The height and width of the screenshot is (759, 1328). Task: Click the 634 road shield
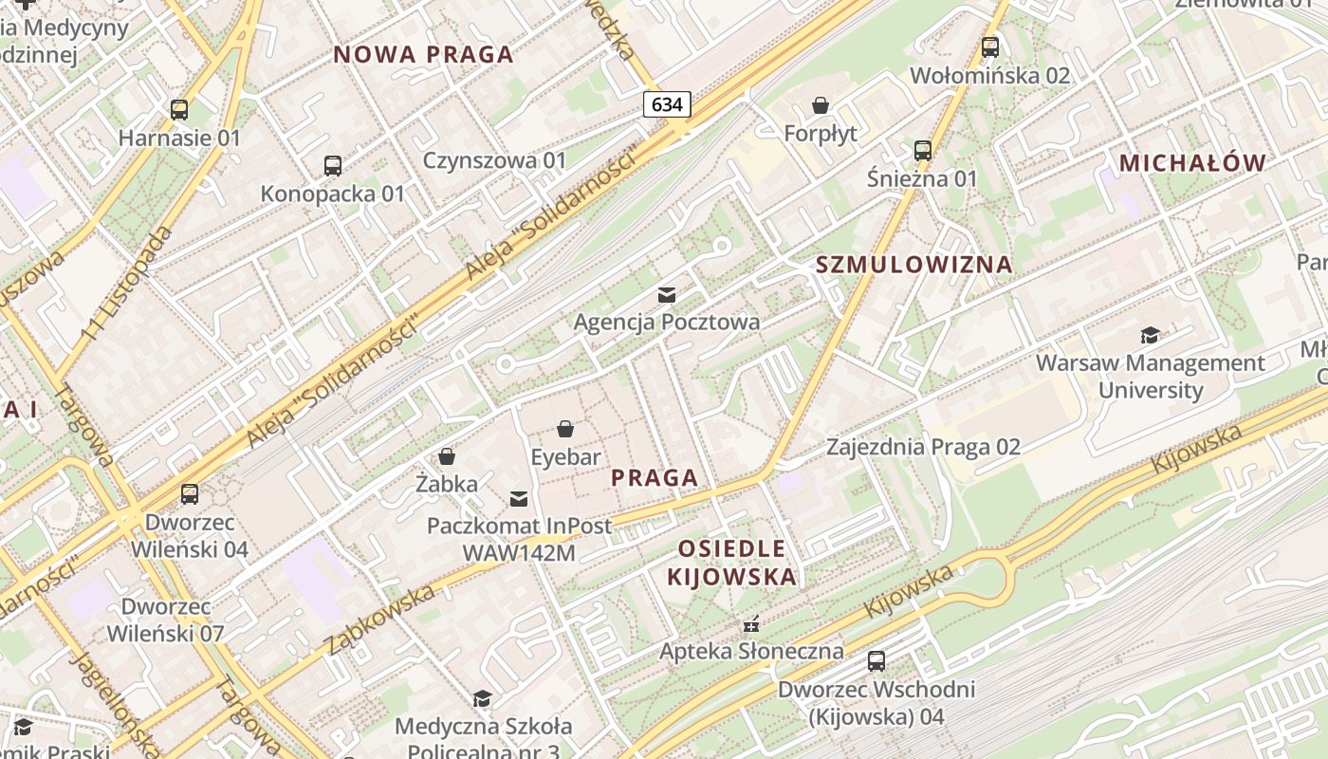(x=667, y=104)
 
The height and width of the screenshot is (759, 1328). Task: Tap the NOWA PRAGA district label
(x=423, y=55)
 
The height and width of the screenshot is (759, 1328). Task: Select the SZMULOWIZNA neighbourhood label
(x=914, y=265)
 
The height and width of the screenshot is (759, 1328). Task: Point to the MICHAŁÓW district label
(x=1192, y=163)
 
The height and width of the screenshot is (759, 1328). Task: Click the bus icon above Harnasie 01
(x=179, y=110)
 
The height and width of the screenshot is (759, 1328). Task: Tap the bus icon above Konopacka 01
(x=332, y=166)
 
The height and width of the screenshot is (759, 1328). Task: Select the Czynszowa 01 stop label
(x=494, y=160)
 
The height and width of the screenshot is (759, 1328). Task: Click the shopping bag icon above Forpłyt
(x=821, y=105)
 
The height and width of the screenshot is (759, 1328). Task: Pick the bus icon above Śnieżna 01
(x=922, y=151)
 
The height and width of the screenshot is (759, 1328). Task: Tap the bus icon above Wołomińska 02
(x=990, y=47)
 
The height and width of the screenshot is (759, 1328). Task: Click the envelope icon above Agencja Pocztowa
(x=667, y=295)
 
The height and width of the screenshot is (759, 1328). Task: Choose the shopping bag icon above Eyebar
(x=565, y=430)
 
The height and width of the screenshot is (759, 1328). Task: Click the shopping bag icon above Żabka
(x=447, y=457)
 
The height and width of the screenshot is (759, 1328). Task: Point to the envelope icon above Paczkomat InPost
(x=519, y=498)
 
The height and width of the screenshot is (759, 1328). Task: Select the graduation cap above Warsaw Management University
(x=1150, y=335)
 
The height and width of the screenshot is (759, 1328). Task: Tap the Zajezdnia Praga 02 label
(x=923, y=447)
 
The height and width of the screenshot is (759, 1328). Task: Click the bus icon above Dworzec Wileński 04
(x=190, y=494)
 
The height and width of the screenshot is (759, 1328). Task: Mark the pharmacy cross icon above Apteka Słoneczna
(x=751, y=624)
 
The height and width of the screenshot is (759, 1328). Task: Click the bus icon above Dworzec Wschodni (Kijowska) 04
(x=876, y=661)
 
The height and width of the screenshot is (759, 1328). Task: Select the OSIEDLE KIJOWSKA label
(x=731, y=563)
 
